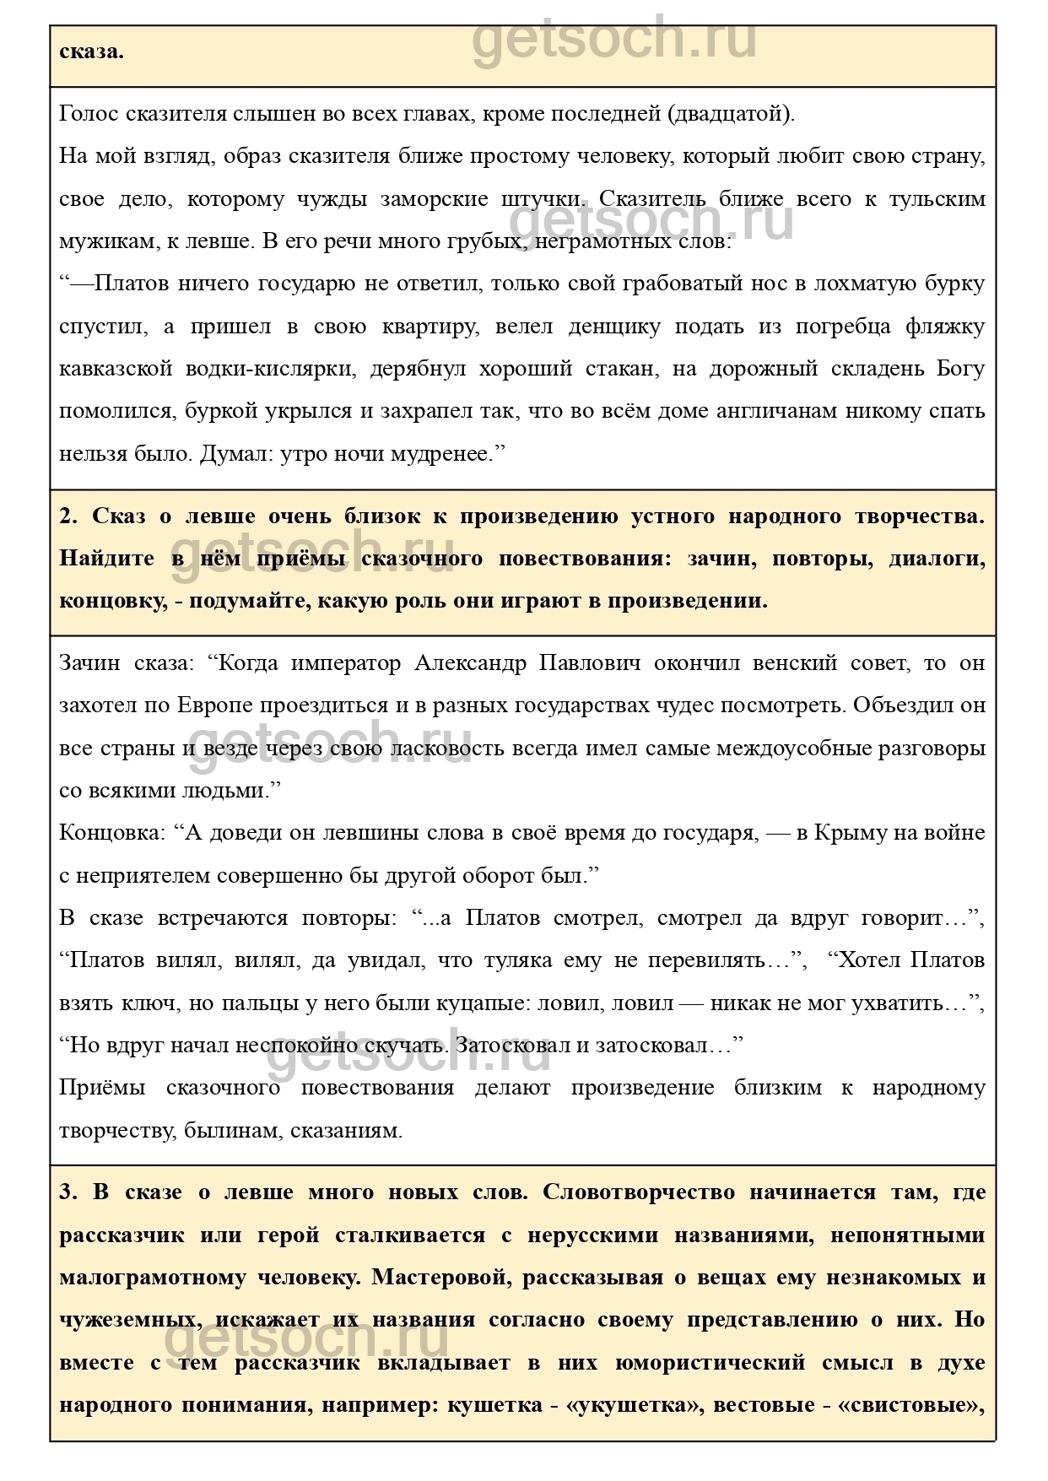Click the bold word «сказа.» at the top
(91, 51)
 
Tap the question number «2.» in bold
(68, 516)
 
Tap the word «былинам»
(233, 1130)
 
